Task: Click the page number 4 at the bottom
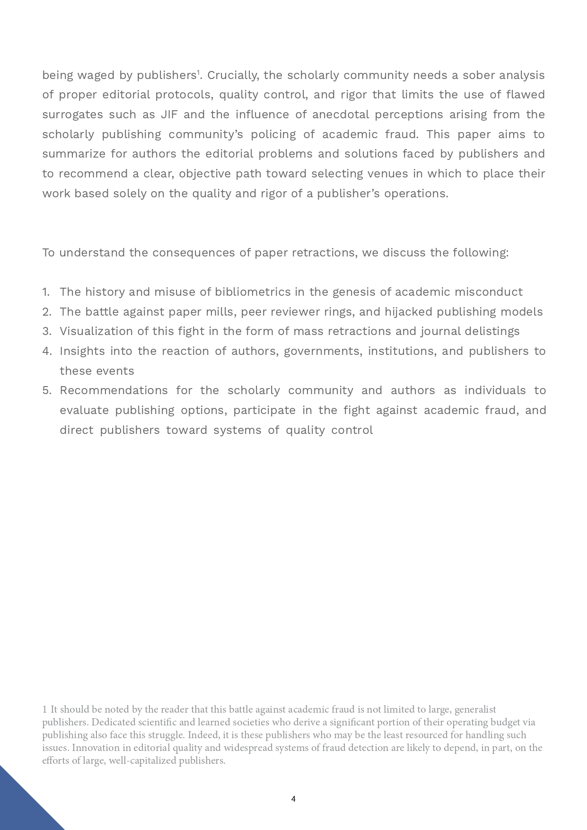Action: coord(293,799)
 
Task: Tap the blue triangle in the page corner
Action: coord(21,804)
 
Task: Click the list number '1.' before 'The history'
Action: coord(46,292)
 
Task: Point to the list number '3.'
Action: coord(46,331)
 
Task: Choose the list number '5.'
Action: coord(46,390)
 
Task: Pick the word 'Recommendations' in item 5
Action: coord(114,390)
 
